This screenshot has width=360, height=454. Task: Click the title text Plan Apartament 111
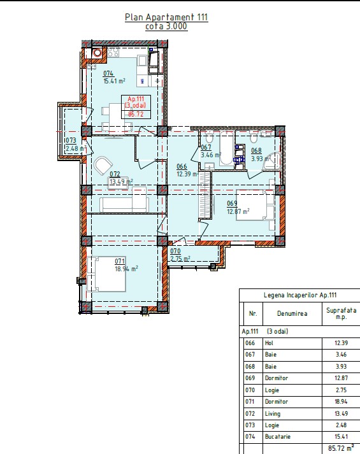166,17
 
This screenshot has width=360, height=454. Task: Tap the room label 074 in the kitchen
108,73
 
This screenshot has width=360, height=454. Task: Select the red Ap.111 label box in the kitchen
136,106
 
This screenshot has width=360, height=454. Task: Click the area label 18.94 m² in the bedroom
126,269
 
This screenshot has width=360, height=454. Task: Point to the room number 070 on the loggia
175,252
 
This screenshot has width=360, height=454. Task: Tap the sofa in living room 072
124,204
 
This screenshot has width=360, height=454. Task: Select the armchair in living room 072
103,166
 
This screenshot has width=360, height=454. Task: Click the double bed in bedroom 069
255,205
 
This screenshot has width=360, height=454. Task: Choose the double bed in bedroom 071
106,274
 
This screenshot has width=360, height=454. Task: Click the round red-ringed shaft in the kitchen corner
97,53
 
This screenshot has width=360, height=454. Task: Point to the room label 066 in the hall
182,166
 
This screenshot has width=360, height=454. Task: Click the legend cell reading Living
273,413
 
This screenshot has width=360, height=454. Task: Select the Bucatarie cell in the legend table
277,436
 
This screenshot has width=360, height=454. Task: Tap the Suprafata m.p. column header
341,313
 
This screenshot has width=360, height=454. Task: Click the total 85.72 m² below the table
341,448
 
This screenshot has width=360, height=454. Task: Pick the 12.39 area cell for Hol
341,343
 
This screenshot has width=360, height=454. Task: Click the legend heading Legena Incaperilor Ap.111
300,295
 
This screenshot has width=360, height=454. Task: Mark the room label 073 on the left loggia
71,141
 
